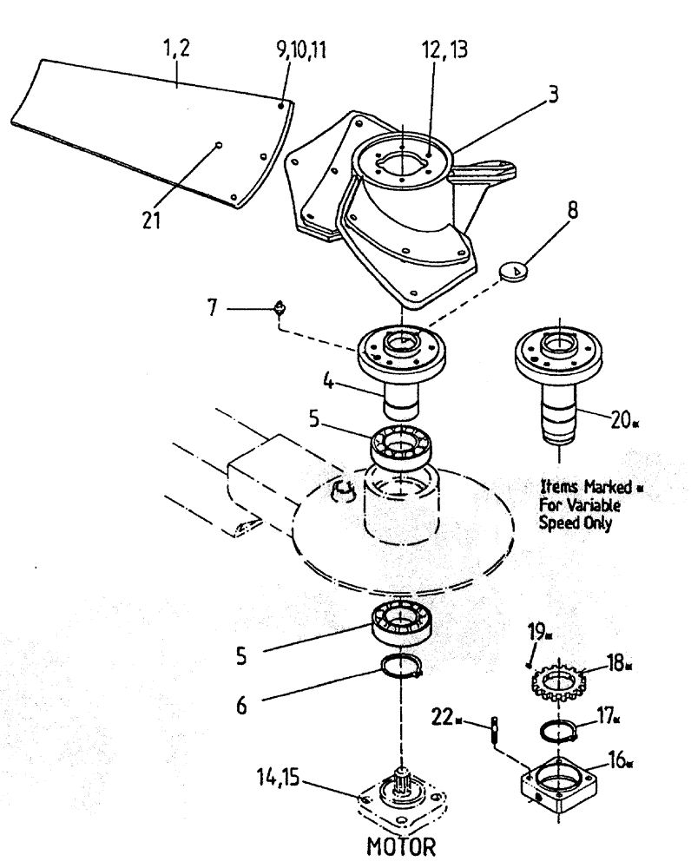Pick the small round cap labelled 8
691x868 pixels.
pos(516,273)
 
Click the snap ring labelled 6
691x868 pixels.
pos(403,668)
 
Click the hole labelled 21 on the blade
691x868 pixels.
pos(220,145)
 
